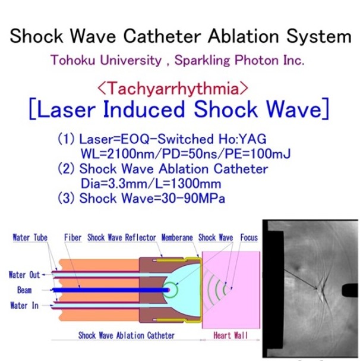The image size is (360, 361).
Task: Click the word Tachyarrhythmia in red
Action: click(173, 89)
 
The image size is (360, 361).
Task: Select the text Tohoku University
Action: click(106, 60)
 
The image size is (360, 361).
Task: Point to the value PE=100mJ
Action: click(258, 154)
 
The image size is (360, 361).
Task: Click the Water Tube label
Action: click(30, 237)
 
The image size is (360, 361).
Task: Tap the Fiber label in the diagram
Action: click(72, 237)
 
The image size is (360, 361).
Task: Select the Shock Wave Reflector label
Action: click(122, 237)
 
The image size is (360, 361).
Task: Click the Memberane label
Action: click(177, 237)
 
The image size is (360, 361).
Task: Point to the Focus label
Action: click(249, 237)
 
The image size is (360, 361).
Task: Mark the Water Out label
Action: click(24, 275)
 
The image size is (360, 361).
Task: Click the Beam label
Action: click(24, 290)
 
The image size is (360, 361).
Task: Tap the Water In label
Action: click(24, 306)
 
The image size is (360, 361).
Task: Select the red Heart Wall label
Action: click(230, 335)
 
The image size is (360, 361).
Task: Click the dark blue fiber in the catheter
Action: click(110, 290)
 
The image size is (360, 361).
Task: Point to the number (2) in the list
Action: click(66, 169)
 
